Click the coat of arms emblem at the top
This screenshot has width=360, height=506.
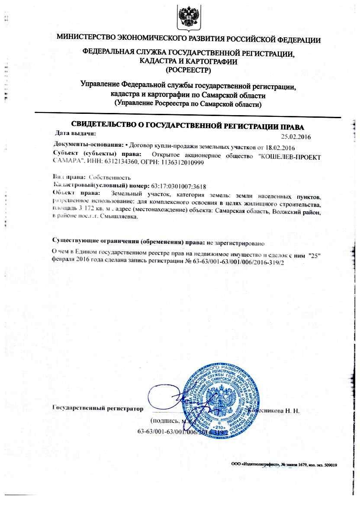(189, 16)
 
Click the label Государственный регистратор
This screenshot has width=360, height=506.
(97, 408)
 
